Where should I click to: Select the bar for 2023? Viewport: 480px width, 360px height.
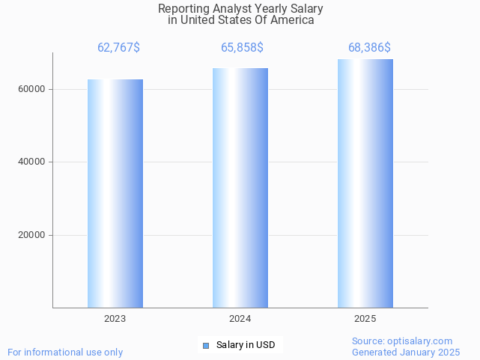[x=115, y=193]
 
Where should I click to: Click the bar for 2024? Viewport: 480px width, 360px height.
[x=240, y=188]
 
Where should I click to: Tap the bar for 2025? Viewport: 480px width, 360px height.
[x=365, y=183]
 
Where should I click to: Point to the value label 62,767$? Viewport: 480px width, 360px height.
[x=118, y=48]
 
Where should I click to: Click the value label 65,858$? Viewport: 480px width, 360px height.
[x=242, y=48]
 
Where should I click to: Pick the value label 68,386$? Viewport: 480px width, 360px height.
[x=369, y=48]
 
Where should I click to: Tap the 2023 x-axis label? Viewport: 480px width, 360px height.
[x=115, y=319]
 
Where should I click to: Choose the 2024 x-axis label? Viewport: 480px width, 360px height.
[x=240, y=319]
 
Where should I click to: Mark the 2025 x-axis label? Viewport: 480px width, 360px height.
[x=365, y=319]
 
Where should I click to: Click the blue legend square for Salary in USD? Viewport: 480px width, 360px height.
[x=206, y=345]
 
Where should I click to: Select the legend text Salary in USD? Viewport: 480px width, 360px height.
[x=246, y=345]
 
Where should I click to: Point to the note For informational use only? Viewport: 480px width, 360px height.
[x=65, y=352]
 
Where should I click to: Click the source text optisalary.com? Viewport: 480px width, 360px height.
[x=424, y=341]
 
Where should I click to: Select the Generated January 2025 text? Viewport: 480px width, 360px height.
[x=406, y=352]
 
